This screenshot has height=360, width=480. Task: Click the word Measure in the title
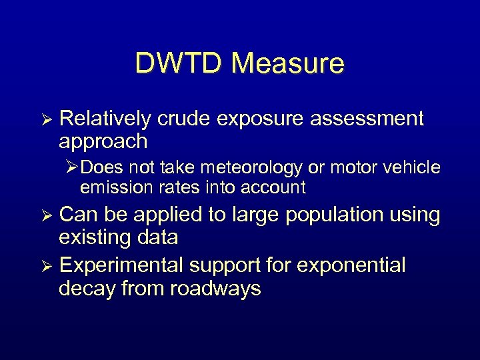pyautogui.click(x=288, y=63)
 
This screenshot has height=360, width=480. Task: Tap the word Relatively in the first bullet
pyautogui.click(x=105, y=119)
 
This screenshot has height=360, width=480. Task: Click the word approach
pyautogui.click(x=103, y=141)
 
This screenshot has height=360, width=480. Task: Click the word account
pyautogui.click(x=275, y=187)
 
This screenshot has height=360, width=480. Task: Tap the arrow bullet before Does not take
pyautogui.click(x=73, y=167)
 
